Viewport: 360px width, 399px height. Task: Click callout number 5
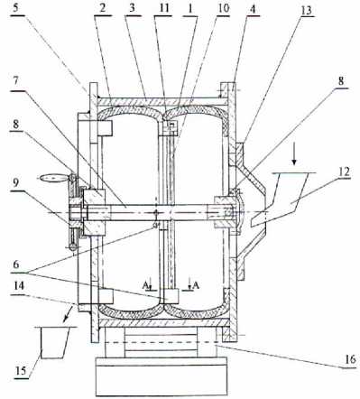point(16,8)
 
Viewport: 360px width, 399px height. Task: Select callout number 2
point(103,8)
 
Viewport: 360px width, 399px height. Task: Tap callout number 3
point(132,8)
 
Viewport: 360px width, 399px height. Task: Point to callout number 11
point(164,8)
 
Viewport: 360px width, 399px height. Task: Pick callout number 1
point(190,8)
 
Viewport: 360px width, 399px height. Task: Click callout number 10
point(223,8)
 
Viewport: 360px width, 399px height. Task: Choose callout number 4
point(253,9)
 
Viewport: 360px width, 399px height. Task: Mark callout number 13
point(307,10)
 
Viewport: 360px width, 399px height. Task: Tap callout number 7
point(16,81)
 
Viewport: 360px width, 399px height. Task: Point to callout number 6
point(16,264)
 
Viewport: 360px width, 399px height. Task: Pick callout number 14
point(19,286)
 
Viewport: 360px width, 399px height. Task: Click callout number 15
point(21,370)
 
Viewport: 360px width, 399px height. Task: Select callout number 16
point(350,359)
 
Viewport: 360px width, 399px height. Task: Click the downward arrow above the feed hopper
point(294,157)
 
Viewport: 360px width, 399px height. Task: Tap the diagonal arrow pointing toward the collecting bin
point(69,313)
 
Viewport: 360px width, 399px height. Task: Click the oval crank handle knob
point(51,178)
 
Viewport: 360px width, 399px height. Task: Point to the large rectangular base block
point(162,376)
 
